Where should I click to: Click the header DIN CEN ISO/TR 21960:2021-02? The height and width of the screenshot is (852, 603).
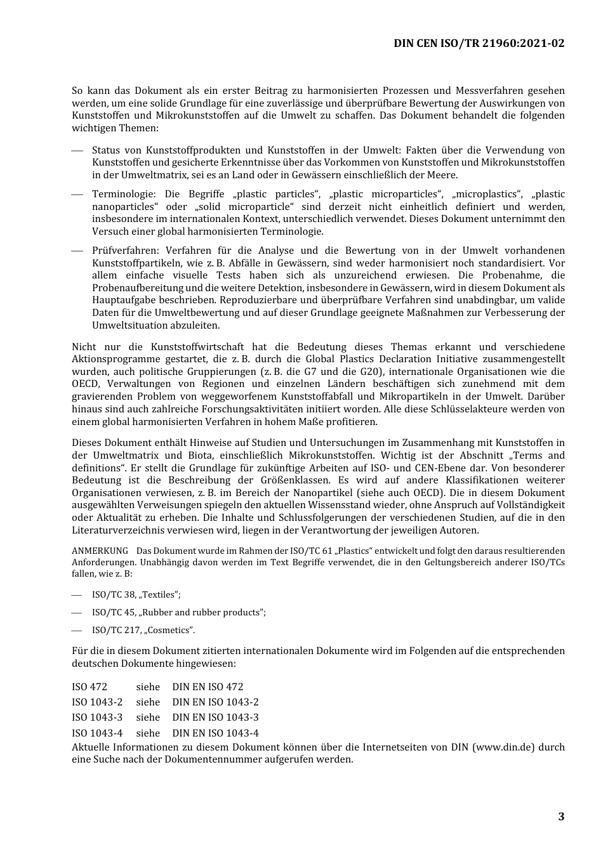tap(479, 43)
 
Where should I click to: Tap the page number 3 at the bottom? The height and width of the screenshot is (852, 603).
tap(560, 816)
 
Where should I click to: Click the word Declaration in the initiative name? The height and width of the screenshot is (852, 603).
tap(405, 359)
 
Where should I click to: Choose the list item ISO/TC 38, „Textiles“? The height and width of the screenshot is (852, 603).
tap(136, 595)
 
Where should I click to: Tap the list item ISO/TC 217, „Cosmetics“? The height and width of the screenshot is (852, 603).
tap(143, 631)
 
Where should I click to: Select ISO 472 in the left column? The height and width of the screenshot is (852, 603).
tap(89, 687)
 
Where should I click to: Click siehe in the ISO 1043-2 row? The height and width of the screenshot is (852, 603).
tap(148, 702)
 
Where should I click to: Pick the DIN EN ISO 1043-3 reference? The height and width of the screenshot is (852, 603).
tap(215, 718)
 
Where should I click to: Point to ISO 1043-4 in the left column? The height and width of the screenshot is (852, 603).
tap(97, 733)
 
